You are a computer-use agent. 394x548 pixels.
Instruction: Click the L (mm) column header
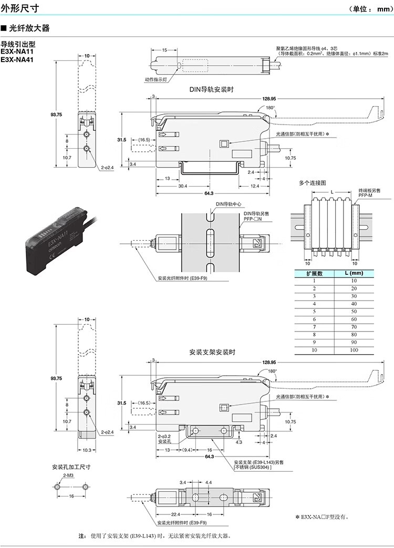pyautogui.click(x=354, y=273)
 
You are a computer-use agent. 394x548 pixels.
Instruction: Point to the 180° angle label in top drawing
pyautogui.click(x=271, y=107)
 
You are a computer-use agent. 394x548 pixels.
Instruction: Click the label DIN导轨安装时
pyautogui.click(x=212, y=89)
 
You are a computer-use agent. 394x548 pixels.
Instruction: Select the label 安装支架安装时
pyautogui.click(x=212, y=352)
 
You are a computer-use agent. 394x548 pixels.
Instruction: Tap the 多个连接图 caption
pyautogui.click(x=313, y=183)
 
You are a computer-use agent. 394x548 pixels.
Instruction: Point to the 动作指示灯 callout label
pyautogui.click(x=155, y=79)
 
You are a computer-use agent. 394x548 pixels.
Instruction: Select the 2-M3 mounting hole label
pyautogui.click(x=68, y=475)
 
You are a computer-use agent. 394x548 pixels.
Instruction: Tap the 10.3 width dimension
pyautogui.click(x=87, y=450)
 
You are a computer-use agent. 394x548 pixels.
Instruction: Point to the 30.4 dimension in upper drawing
pyautogui.click(x=182, y=185)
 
